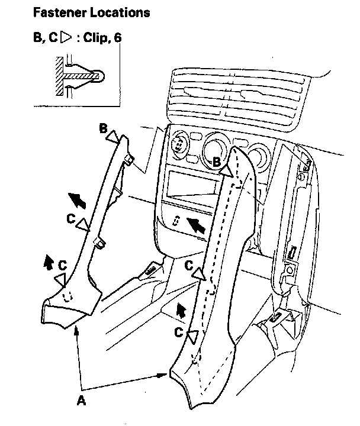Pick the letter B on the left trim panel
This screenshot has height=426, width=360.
coord(103,128)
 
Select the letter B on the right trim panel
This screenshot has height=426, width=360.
coord(217,160)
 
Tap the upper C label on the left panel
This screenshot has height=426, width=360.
coord(70,219)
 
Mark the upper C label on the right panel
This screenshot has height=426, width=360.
coord(188,266)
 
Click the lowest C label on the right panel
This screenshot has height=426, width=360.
coord(178,332)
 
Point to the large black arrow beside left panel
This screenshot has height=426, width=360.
coord(76,201)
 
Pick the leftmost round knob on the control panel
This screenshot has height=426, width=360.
coord(179,144)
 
